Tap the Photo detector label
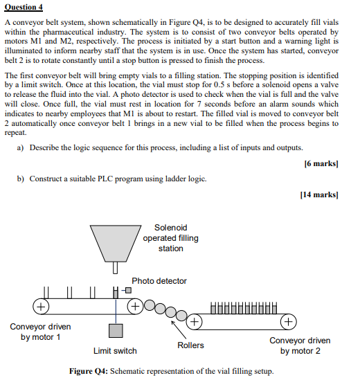[159, 281]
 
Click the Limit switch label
[115, 352]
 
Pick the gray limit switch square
[116, 330]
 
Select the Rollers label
[190, 345]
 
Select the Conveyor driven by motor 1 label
[40, 332]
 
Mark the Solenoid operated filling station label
[170, 238]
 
